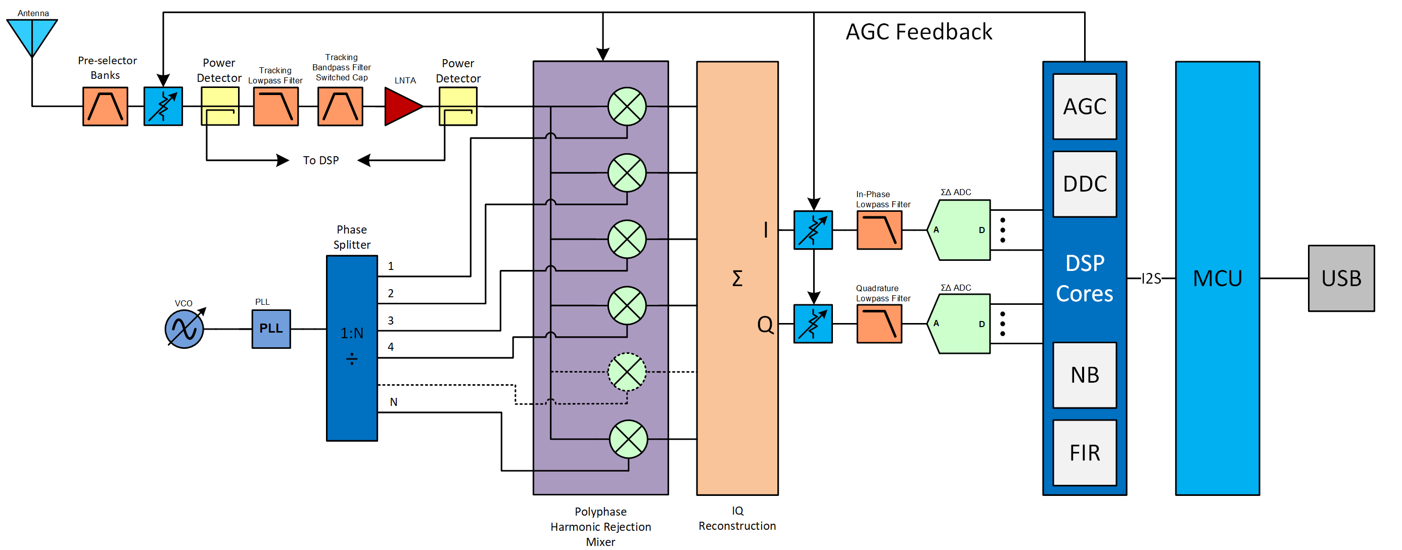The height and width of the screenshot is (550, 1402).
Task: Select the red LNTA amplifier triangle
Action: point(402,107)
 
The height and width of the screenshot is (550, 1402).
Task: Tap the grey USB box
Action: point(1340,278)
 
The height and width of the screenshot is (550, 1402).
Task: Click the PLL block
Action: point(271,329)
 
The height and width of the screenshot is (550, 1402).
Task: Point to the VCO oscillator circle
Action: point(184,329)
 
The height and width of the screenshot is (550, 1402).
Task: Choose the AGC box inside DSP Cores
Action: point(1084,107)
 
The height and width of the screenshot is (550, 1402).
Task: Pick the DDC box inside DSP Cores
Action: point(1084,184)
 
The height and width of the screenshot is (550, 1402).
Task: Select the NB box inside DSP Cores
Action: point(1084,375)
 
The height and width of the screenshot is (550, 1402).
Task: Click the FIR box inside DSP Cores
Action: point(1084,452)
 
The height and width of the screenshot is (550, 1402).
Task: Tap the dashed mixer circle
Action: point(627,372)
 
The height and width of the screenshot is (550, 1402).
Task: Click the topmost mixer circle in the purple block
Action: point(627,107)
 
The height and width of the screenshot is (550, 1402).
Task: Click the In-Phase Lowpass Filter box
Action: point(879,231)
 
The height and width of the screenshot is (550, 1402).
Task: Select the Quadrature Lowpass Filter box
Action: point(879,324)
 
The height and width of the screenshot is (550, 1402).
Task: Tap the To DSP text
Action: point(320,161)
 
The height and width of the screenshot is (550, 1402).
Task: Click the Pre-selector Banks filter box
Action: point(105,107)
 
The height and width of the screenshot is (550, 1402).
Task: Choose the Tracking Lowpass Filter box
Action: point(275,107)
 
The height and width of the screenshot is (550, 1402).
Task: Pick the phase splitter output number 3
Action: point(391,320)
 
